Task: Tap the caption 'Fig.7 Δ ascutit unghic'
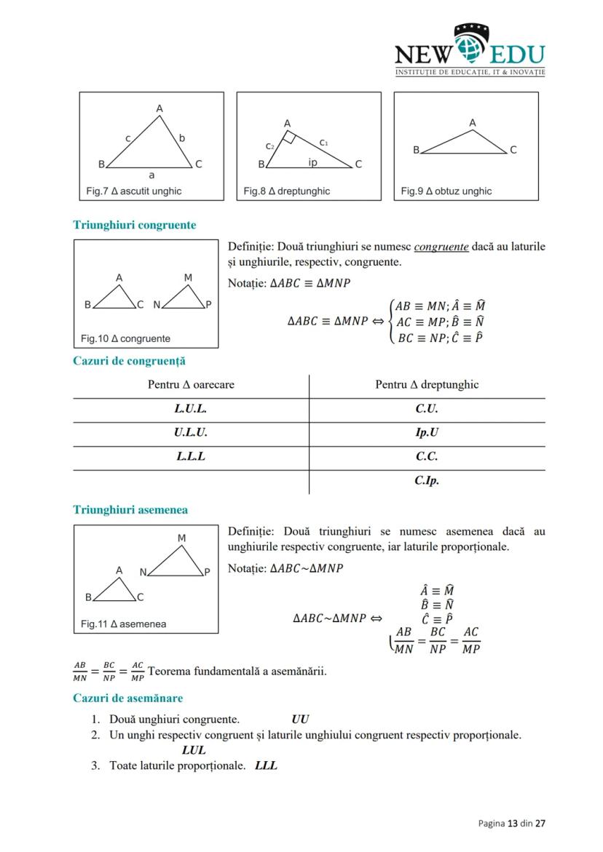point(133,191)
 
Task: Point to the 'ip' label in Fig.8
point(312,162)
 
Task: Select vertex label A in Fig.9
point(473,123)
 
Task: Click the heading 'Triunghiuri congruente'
point(135,225)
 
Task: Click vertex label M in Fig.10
point(188,278)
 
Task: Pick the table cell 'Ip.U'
point(427,433)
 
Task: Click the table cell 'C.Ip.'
point(427,481)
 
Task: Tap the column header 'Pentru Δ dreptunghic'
point(427,385)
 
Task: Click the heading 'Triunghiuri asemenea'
point(130,510)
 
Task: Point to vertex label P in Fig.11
point(207,572)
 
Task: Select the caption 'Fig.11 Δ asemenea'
point(123,624)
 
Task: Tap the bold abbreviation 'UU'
point(299,720)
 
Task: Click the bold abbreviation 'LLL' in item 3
point(267,765)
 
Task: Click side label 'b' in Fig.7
point(182,138)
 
